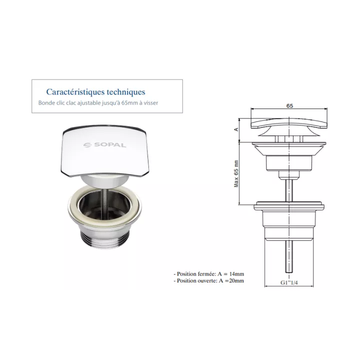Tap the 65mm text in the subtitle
tap(129, 103)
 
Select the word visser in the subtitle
tap(151, 103)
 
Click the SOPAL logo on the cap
tap(104, 145)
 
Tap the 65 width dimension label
tap(289, 106)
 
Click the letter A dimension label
tap(236, 129)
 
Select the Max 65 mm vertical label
tap(236, 174)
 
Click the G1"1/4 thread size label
tap(289, 282)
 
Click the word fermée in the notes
tap(208, 274)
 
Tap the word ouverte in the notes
tap(208, 280)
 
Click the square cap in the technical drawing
tap(289, 123)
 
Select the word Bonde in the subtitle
tap(45, 103)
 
